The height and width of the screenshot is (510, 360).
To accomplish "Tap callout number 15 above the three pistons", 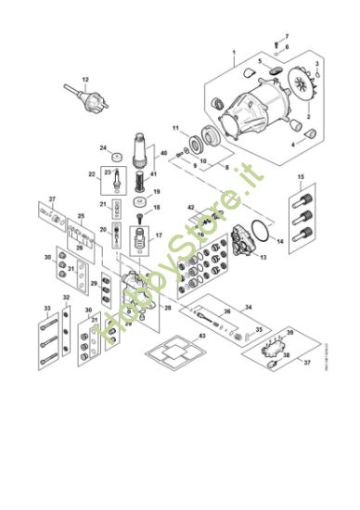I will (300, 176).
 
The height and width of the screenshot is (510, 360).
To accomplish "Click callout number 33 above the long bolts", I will (46, 307).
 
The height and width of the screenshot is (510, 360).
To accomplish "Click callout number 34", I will (248, 307).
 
